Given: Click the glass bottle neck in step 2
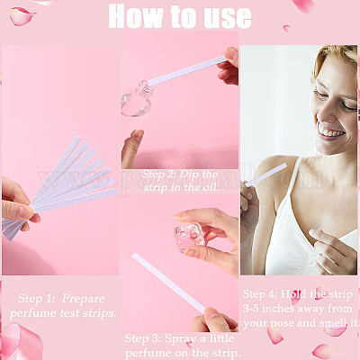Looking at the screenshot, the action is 143,88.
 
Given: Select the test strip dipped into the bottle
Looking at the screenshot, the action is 187,71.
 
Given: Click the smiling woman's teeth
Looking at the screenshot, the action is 331,132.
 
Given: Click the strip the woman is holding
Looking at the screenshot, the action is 265,175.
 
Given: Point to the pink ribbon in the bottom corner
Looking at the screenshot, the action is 21,341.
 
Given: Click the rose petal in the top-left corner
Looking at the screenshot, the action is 22,16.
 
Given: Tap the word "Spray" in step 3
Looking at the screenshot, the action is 181,339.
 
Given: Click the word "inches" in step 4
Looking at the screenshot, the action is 276,309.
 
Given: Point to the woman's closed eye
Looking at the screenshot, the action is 348,106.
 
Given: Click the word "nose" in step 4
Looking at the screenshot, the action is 282,323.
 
